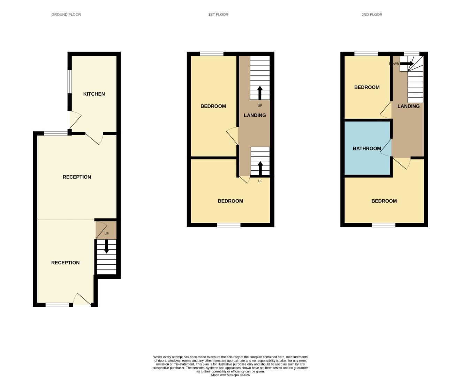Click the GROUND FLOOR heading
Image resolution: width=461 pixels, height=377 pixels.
click(x=66, y=15)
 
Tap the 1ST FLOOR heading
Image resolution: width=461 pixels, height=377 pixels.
click(x=218, y=15)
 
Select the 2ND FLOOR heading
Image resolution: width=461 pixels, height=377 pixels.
click(x=372, y=15)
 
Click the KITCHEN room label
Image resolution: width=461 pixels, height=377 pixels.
click(x=94, y=94)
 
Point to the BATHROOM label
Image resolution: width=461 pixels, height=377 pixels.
click(x=366, y=148)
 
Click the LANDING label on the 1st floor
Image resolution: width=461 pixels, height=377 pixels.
click(x=255, y=115)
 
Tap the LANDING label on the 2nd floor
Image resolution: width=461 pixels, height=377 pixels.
click(x=408, y=106)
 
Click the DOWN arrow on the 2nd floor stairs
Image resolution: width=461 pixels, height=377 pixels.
click(x=407, y=64)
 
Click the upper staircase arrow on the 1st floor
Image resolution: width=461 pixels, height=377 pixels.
click(x=260, y=93)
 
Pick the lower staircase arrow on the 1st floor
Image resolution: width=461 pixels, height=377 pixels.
click(x=260, y=168)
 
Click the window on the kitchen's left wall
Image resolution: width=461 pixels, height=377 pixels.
click(x=69, y=81)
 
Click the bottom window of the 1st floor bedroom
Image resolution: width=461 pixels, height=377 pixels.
click(x=228, y=225)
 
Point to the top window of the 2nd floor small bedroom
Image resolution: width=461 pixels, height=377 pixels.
click(x=366, y=54)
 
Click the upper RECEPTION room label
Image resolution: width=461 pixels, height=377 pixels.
click(x=77, y=177)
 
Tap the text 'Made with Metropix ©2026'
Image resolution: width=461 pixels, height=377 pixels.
click(x=230, y=375)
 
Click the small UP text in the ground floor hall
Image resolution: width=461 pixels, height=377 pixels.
click(x=106, y=234)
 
